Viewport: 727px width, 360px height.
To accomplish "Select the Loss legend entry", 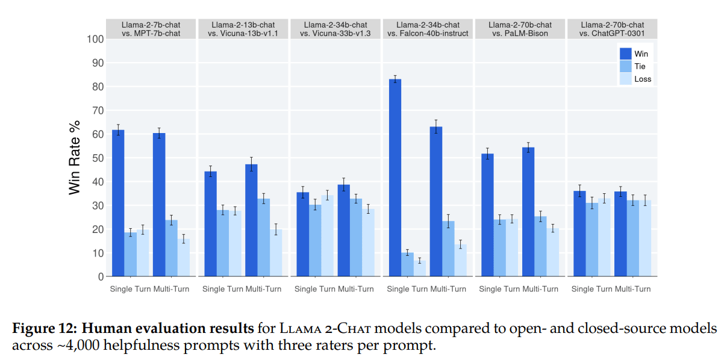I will (642, 79).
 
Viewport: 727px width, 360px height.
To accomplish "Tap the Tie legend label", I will (640, 66).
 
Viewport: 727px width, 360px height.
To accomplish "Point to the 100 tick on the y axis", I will (95, 39).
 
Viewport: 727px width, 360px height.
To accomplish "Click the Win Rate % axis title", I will (75, 158).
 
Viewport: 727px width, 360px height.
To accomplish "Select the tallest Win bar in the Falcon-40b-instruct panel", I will (395, 178).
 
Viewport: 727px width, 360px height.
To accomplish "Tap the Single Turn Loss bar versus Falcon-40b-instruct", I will (420, 268).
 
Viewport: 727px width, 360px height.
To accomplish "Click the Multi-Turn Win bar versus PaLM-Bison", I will (528, 212).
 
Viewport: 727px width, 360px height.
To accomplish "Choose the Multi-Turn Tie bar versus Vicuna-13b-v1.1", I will (264, 238).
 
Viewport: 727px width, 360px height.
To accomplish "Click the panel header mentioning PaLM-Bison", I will (520, 29).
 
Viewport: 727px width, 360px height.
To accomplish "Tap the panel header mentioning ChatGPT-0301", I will (612, 29).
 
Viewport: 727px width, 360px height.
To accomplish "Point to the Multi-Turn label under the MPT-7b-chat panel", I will (171, 289).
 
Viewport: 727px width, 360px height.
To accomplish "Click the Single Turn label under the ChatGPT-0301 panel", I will (591, 289).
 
